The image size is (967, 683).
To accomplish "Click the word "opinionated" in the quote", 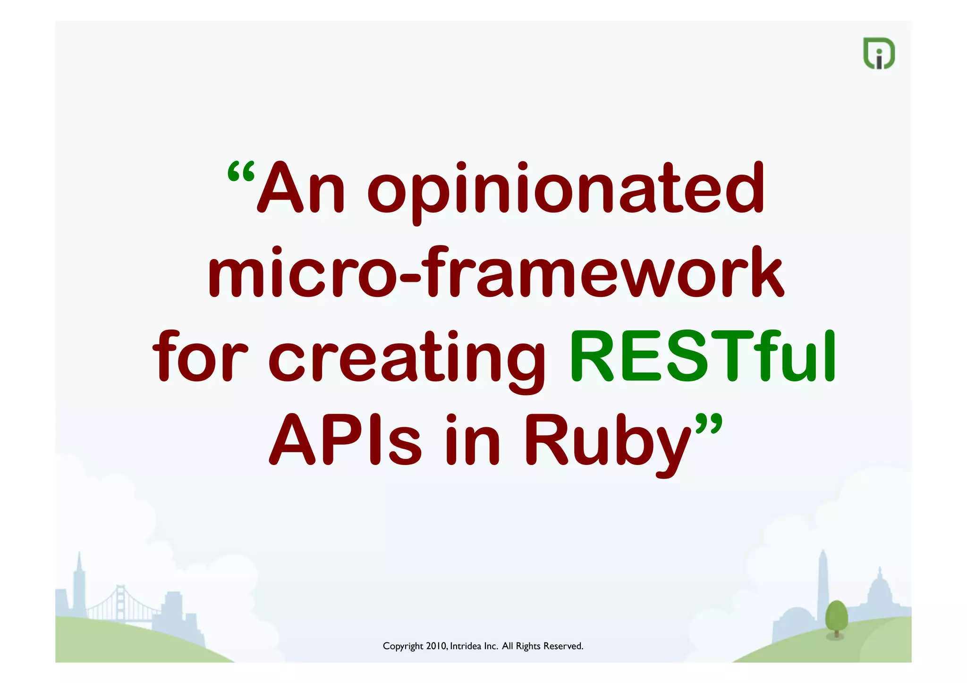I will [565, 189].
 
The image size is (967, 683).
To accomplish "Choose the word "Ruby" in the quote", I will [608, 442].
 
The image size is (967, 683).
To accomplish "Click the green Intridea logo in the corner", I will [879, 53].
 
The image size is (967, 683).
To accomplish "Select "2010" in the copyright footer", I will [436, 646].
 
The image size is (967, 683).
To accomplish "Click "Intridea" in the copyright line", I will [466, 646].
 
